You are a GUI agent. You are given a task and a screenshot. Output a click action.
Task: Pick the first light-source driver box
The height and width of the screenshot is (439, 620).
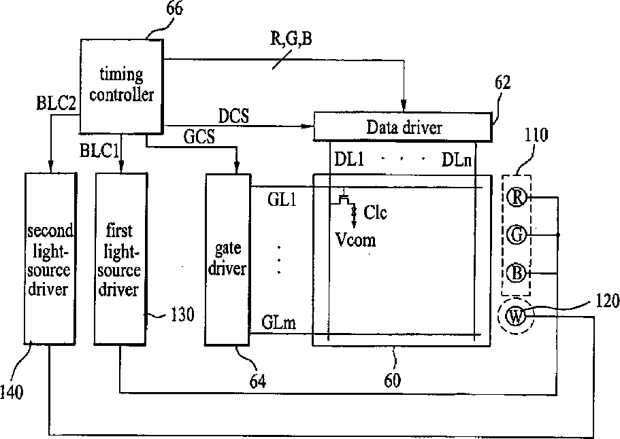(x=120, y=259)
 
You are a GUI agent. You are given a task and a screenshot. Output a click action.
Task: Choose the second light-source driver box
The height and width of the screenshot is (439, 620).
(x=50, y=259)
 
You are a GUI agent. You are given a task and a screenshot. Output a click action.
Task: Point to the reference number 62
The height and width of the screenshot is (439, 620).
(x=503, y=84)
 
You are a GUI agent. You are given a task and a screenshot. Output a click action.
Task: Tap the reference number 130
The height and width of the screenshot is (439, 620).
(x=182, y=315)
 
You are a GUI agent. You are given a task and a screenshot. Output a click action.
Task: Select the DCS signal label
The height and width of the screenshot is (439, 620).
(x=233, y=116)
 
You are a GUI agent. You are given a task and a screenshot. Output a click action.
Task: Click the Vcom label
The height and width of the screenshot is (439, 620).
(x=354, y=239)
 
